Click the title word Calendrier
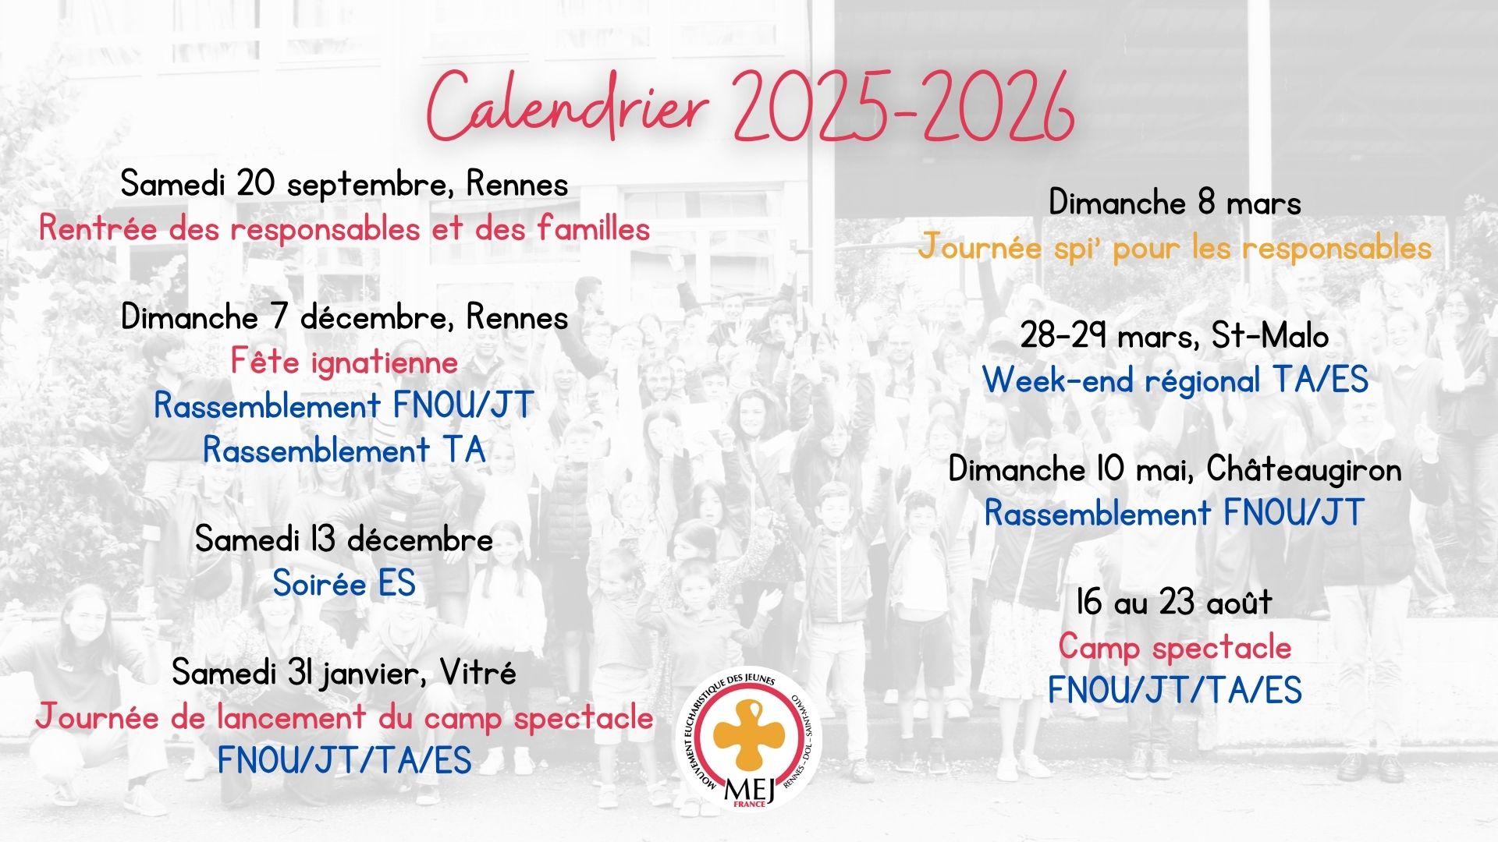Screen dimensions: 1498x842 pyautogui.click(x=567, y=108)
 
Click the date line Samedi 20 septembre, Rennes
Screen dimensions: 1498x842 pyautogui.click(x=344, y=185)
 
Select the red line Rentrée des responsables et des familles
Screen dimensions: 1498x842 pyautogui.click(x=344, y=228)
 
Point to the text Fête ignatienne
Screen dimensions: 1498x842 pyautogui.click(x=344, y=363)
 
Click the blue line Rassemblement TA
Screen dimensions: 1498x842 pyautogui.click(x=344, y=450)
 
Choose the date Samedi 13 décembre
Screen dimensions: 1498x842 pyautogui.click(x=344, y=539)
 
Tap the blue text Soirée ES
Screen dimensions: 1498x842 pyautogui.click(x=344, y=583)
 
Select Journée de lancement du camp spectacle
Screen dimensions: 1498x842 pyautogui.click(x=344, y=716)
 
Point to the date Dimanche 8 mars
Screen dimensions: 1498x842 pyautogui.click(x=1174, y=203)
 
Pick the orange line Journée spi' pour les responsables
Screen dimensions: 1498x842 pyautogui.click(x=1174, y=248)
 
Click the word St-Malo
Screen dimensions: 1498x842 pyautogui.click(x=1270, y=336)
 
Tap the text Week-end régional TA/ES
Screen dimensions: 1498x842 pyautogui.click(x=1174, y=380)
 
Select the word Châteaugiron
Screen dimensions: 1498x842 pyautogui.click(x=1304, y=469)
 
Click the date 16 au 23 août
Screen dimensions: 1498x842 pyautogui.click(x=1174, y=603)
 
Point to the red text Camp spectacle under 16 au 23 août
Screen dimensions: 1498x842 pyautogui.click(x=1174, y=647)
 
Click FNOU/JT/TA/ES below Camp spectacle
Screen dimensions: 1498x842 pyautogui.click(x=1174, y=691)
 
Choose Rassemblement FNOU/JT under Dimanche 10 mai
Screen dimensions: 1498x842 pyautogui.click(x=1174, y=513)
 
